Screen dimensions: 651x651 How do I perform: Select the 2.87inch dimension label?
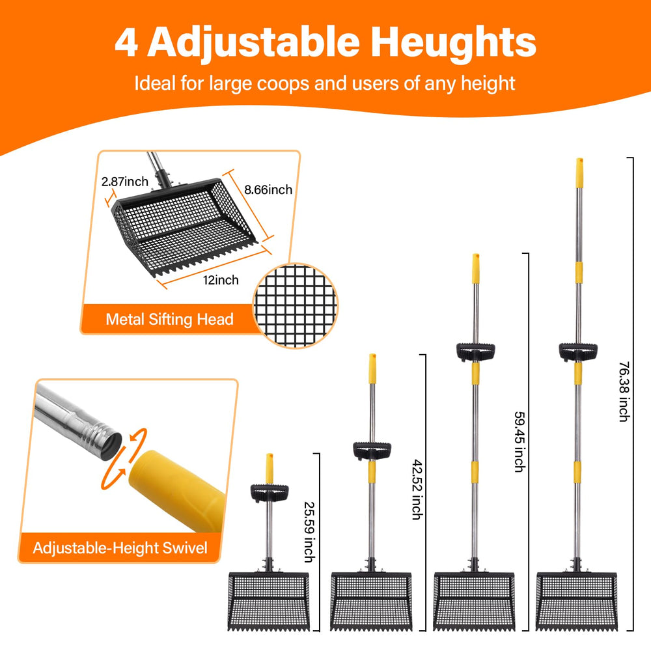click(x=124, y=182)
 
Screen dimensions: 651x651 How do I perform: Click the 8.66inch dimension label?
click(x=268, y=189)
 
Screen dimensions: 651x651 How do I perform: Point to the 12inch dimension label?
click(x=221, y=280)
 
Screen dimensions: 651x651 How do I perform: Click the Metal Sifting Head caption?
click(x=169, y=319)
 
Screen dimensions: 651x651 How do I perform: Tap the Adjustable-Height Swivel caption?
click(x=120, y=548)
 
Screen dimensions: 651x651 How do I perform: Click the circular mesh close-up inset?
click(x=295, y=305)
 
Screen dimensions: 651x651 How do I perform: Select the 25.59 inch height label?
click(x=309, y=533)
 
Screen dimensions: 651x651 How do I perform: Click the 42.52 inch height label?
click(x=417, y=490)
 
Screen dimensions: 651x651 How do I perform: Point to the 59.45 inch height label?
click(x=519, y=442)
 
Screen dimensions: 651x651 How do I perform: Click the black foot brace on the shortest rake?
click(x=270, y=493)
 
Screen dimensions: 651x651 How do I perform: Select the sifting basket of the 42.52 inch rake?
click(x=371, y=601)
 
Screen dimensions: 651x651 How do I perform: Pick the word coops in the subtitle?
click(x=283, y=84)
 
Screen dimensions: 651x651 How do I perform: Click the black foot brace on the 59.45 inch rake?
click(x=475, y=352)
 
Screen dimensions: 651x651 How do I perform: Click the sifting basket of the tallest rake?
click(x=577, y=601)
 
